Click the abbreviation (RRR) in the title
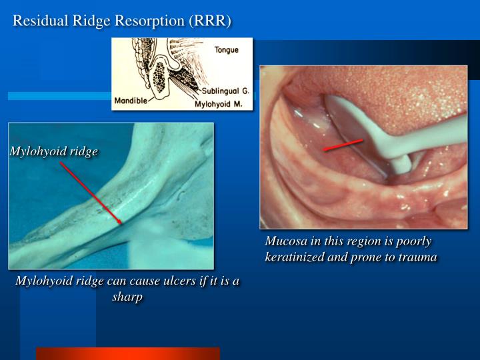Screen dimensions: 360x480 (210, 21)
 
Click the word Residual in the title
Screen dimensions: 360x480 (37, 21)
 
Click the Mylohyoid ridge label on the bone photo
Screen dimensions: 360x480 (54, 151)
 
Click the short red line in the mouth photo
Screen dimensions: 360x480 (343, 145)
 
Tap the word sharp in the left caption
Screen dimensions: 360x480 (127, 297)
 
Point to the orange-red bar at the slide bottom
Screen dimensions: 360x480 (127, 353)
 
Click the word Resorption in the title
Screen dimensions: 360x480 (151, 21)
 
